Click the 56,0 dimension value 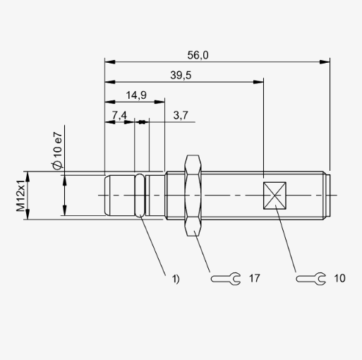point(198,55)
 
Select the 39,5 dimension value point(181,76)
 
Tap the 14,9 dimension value point(136,95)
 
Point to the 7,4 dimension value point(119,116)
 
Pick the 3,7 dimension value point(181,115)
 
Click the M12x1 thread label point(20,196)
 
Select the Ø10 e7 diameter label point(57,150)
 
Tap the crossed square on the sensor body point(274,196)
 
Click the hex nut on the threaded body point(193,196)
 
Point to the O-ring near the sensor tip point(140,195)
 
